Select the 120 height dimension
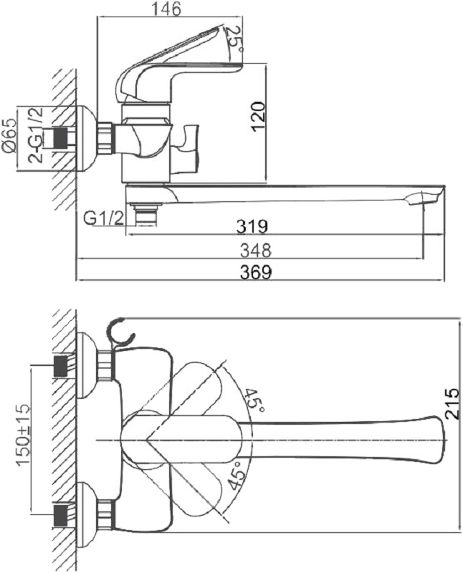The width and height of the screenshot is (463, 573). [x=258, y=117]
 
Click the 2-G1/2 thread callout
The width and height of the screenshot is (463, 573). [x=37, y=135]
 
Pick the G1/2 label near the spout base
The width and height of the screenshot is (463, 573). [x=104, y=218]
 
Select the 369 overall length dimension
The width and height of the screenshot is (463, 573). [x=256, y=272]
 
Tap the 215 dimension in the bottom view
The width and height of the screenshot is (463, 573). [x=452, y=403]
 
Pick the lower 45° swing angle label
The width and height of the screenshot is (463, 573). [x=237, y=475]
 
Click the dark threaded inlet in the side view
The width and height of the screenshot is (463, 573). [x=61, y=138]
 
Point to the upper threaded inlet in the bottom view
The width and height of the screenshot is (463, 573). [x=61, y=365]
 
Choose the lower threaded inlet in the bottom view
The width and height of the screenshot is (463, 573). [x=61, y=516]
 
